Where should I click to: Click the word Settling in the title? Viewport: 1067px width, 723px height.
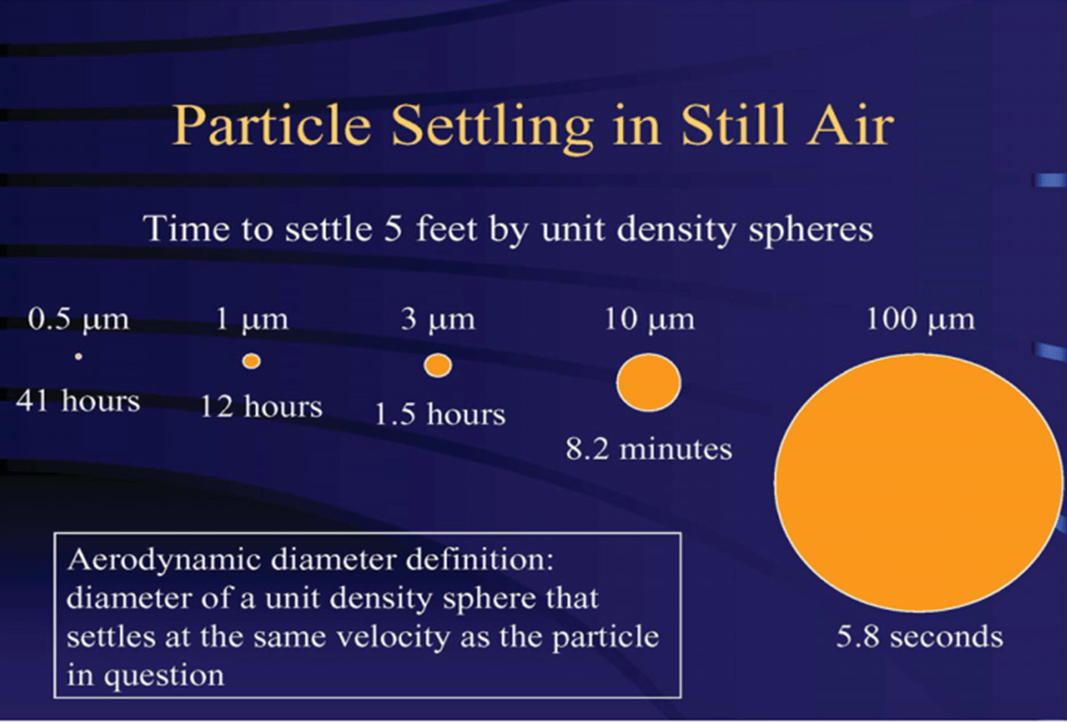tap(492, 127)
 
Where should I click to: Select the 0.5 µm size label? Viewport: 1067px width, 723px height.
tap(78, 320)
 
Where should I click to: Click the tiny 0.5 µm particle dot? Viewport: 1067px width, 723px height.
tap(79, 356)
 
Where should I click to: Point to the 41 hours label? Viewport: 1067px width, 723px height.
tap(78, 401)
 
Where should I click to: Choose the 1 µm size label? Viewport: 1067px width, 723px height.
tap(252, 320)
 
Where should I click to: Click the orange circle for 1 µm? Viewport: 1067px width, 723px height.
tap(252, 361)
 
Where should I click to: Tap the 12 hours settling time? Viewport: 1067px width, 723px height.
tap(261, 407)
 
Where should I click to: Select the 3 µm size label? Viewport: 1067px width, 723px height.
tap(438, 320)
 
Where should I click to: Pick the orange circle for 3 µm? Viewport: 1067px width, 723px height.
tap(438, 365)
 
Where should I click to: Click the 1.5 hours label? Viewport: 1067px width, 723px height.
tap(441, 414)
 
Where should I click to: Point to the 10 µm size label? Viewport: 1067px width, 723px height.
tap(649, 320)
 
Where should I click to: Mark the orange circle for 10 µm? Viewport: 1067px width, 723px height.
tap(648, 382)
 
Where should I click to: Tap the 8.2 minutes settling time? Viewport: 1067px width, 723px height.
tap(649, 449)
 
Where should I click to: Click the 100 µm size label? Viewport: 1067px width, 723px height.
tap(920, 320)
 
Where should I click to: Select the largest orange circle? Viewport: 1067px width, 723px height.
tap(919, 483)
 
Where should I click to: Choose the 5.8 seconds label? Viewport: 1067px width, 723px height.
tap(920, 637)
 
